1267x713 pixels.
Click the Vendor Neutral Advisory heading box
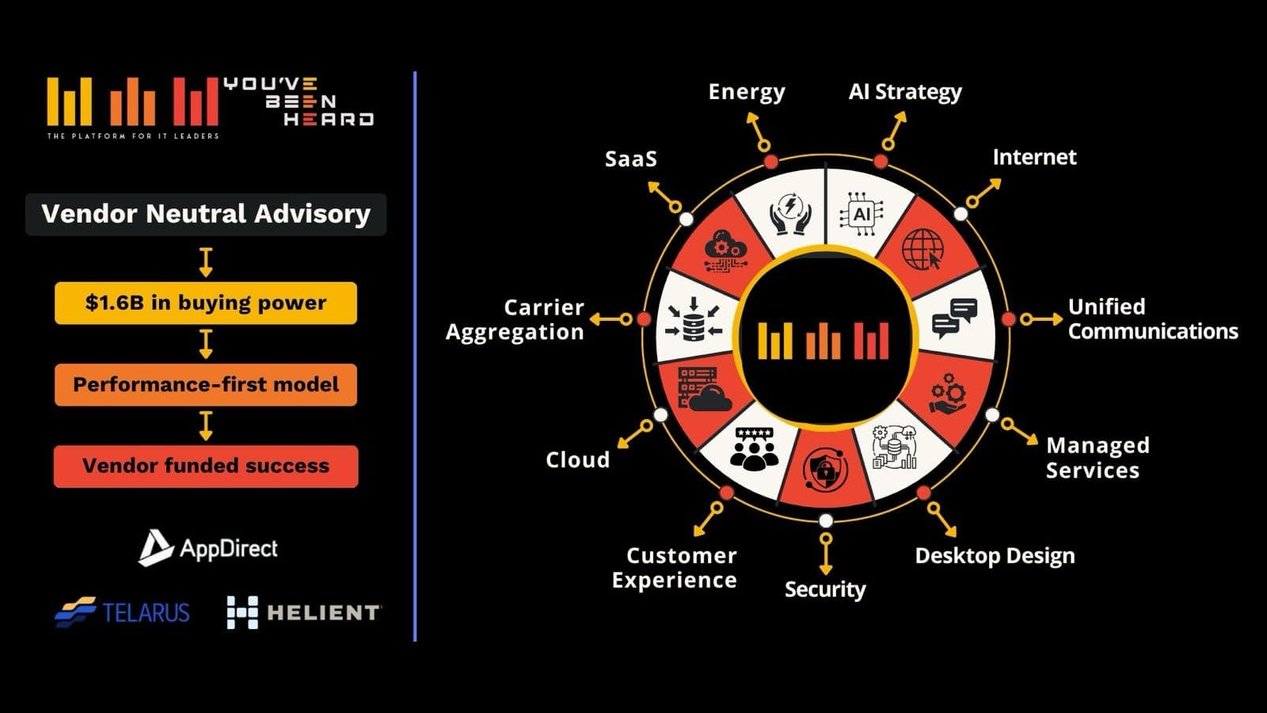click(x=206, y=214)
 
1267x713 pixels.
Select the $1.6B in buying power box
click(x=206, y=303)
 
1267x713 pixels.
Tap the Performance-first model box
click(x=206, y=384)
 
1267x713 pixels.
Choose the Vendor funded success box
click(x=206, y=466)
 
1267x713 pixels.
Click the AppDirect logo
click(x=208, y=548)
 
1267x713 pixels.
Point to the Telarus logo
click(x=123, y=612)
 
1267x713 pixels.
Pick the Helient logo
click(x=303, y=612)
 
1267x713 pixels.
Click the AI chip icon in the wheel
click(x=862, y=214)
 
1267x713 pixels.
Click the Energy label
click(x=746, y=92)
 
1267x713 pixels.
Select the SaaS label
click(x=630, y=159)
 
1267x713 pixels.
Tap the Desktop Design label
click(x=995, y=556)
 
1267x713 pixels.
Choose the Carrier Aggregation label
click(x=516, y=319)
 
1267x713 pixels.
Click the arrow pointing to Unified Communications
click(x=1041, y=319)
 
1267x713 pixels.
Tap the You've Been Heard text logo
click(x=298, y=101)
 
